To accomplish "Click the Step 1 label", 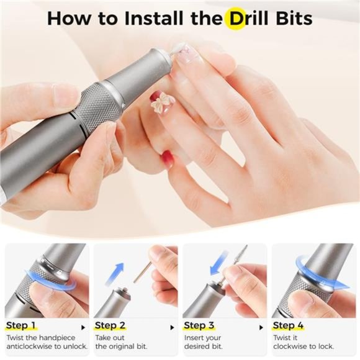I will click(20, 325).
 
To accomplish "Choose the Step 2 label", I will click(110, 325).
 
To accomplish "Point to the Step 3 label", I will click(199, 325).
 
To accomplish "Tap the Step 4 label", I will click(289, 325).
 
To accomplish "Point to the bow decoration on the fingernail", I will click(163, 104).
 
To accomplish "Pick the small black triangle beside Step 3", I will click(262, 326).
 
